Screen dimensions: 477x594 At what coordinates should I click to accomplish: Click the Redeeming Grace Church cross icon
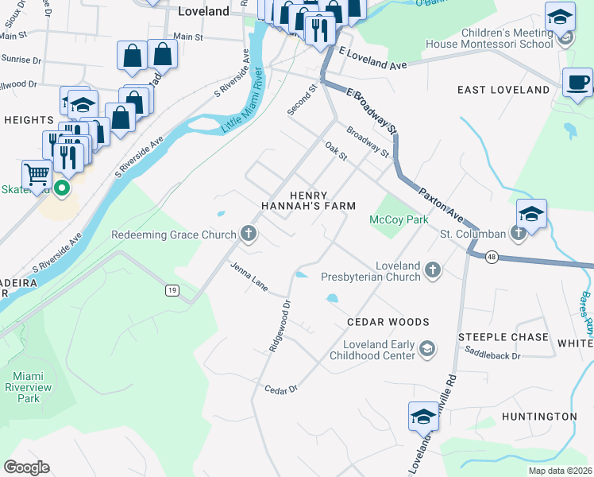click(249, 234)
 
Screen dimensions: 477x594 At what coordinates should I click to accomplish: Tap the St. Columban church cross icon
click(519, 233)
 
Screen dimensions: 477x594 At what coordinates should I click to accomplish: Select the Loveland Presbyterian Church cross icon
click(433, 271)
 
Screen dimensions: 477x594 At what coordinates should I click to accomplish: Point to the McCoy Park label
click(399, 219)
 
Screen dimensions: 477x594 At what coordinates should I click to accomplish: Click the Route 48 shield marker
click(492, 257)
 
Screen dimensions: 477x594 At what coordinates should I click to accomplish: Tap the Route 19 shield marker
click(172, 291)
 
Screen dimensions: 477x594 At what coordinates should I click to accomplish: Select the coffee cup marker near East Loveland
click(577, 82)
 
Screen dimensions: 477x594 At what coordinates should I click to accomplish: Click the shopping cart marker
click(37, 173)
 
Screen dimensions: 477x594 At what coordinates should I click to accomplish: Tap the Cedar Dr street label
click(280, 389)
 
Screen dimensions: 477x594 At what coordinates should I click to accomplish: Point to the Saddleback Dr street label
click(492, 355)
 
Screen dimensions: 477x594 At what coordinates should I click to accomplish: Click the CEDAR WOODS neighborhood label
click(388, 322)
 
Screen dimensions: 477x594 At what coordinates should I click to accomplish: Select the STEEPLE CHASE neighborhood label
click(503, 337)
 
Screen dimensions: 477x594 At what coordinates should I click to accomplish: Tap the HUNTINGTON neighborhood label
click(539, 417)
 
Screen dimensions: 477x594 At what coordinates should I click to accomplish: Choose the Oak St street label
click(337, 150)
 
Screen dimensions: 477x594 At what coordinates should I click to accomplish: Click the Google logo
click(26, 467)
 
